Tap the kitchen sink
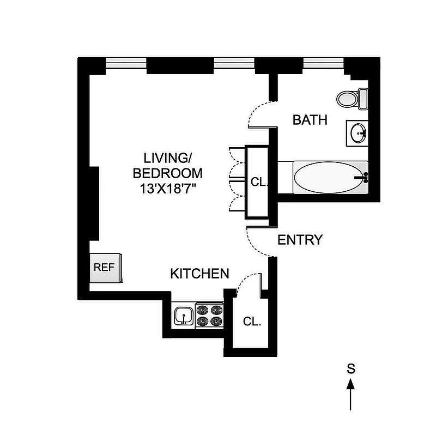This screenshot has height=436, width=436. (184, 316)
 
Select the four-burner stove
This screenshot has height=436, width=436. (210, 316)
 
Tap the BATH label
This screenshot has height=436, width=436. (310, 120)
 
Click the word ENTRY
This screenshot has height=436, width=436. (300, 240)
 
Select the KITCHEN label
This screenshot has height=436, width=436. (199, 274)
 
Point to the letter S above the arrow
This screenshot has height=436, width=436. (352, 368)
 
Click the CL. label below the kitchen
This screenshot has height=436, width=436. (252, 322)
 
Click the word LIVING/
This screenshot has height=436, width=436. (168, 159)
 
